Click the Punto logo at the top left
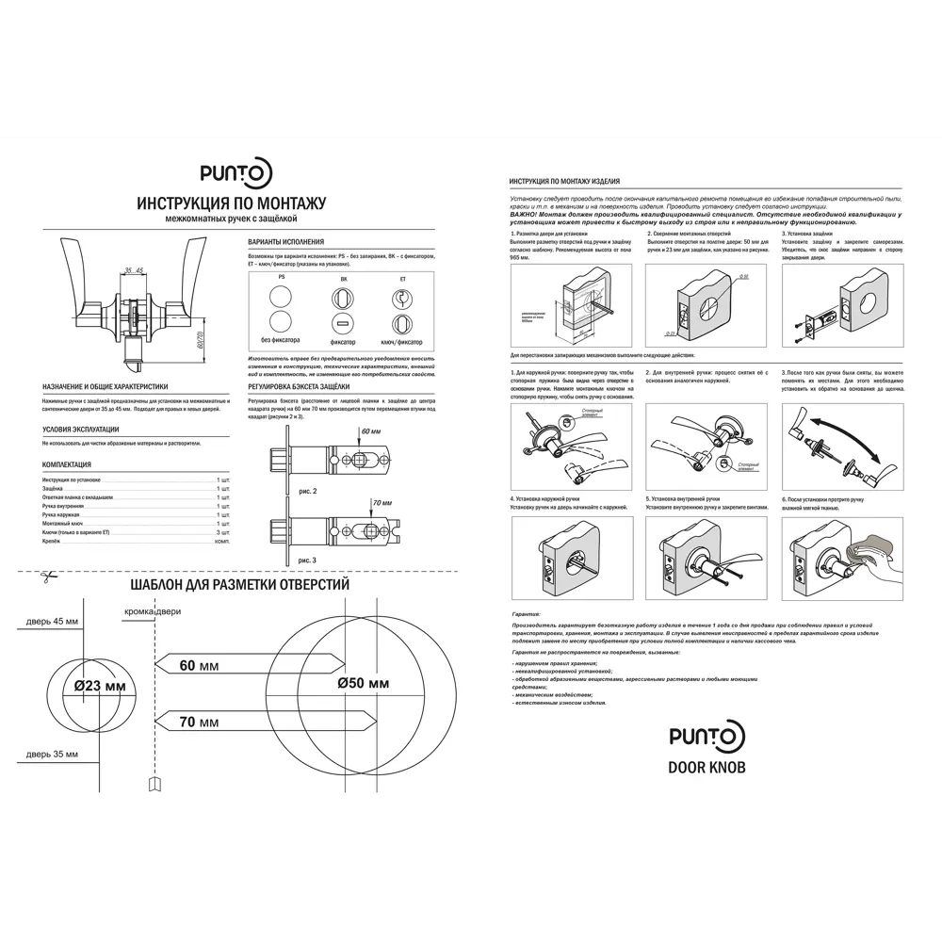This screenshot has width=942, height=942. click(236, 172)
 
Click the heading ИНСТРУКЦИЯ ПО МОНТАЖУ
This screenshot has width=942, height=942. click(231, 203)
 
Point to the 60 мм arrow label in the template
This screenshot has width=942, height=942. click(199, 666)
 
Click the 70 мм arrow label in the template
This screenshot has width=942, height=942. click(199, 722)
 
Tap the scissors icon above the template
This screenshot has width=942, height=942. click(43, 578)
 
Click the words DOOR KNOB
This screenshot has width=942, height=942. click(706, 768)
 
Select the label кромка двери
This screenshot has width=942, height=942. click(153, 612)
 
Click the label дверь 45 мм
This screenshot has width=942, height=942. click(53, 622)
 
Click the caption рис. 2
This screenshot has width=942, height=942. click(307, 492)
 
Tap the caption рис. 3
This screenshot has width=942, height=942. click(307, 560)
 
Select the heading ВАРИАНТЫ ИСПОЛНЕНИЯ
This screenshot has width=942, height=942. click(285, 241)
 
